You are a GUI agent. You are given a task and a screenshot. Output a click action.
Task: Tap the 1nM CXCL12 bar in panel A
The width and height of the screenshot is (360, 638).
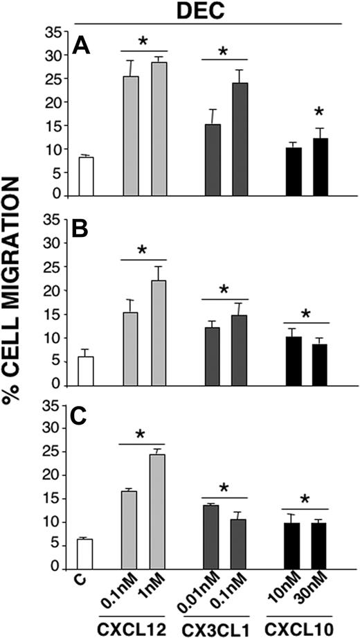coord(160,129)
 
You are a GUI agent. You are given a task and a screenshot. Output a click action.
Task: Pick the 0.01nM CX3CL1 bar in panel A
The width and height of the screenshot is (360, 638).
coord(213,160)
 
